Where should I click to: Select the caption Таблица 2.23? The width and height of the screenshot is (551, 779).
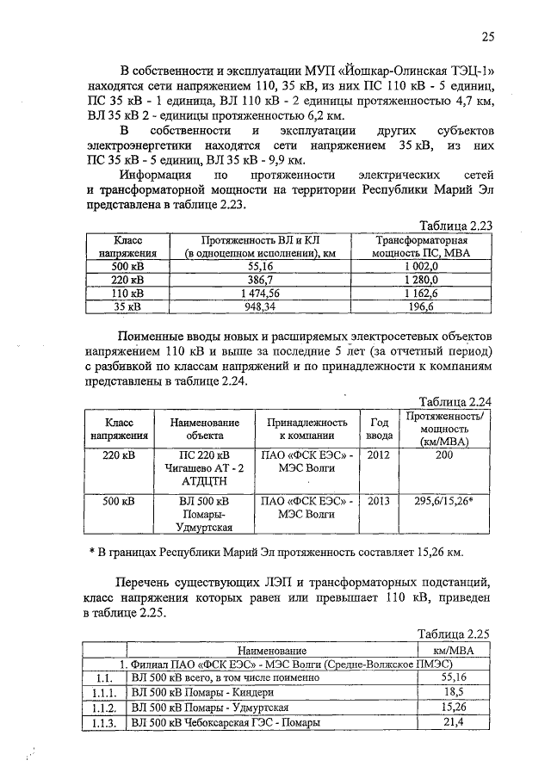455,225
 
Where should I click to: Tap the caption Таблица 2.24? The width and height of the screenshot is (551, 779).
455,401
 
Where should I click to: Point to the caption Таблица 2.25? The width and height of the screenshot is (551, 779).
454,633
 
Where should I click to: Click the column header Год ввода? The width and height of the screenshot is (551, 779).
380,429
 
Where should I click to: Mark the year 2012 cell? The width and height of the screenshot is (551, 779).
380,454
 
